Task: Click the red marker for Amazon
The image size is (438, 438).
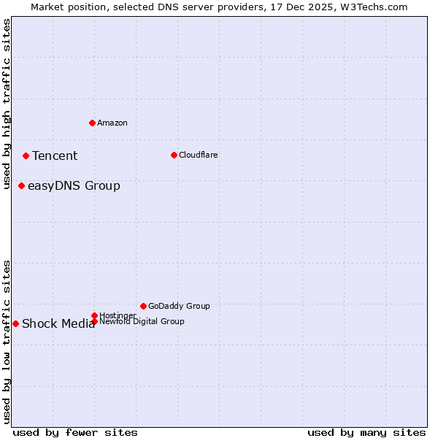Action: tap(92, 123)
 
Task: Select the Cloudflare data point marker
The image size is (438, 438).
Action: tap(174, 155)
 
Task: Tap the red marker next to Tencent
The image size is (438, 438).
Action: tap(26, 155)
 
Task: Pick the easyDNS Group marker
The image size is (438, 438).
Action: tap(21, 185)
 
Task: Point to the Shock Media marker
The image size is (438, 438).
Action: tap(15, 323)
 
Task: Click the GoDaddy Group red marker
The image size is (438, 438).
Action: tap(143, 306)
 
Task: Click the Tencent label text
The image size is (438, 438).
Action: tap(55, 155)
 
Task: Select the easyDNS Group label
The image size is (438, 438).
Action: tap(74, 185)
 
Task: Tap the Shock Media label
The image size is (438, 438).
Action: tap(58, 324)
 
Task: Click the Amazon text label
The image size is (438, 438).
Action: tap(112, 123)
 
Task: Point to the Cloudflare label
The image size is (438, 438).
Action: tap(198, 155)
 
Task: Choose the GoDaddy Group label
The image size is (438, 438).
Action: tap(179, 306)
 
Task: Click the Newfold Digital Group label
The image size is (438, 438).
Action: tap(142, 321)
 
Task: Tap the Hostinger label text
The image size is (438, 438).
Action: tap(118, 315)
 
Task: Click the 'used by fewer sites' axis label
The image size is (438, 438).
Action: tap(75, 432)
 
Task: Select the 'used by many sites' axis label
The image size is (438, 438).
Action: tap(366, 432)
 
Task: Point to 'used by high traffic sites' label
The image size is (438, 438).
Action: tap(7, 104)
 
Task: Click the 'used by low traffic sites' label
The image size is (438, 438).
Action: tap(7, 342)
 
